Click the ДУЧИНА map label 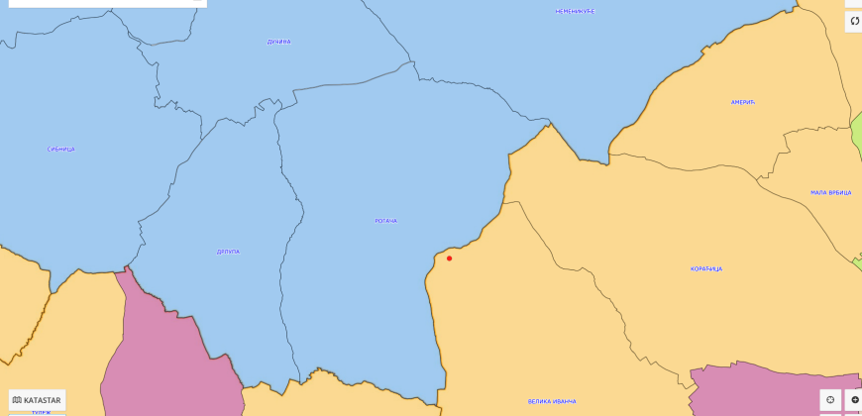point(279,42)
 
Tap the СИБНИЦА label point(60,150)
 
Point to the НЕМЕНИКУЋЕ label point(575,11)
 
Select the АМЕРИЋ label point(743,103)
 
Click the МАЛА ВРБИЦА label point(830,193)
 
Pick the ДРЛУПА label point(228,252)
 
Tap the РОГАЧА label point(386,221)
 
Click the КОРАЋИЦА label point(706,269)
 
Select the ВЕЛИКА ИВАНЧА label point(552,401)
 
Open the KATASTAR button point(37,400)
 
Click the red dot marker point(449,259)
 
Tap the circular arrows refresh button point(854,21)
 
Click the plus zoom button point(854,400)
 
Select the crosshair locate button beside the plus point(830,400)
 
